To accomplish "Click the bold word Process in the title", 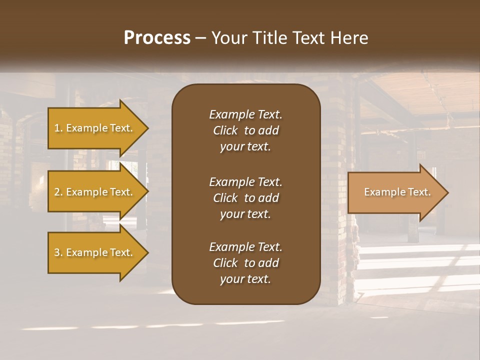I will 157,38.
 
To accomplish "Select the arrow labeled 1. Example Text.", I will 95,128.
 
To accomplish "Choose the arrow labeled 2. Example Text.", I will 95,192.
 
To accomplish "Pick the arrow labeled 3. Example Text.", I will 95,252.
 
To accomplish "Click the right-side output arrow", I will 395,192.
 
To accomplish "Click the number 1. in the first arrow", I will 58,128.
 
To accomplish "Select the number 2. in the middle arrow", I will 58,192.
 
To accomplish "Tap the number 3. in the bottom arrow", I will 58,252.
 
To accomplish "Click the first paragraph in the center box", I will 245,130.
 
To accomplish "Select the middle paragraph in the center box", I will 245,198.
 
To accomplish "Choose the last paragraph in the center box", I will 245,263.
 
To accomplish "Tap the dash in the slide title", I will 200,38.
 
